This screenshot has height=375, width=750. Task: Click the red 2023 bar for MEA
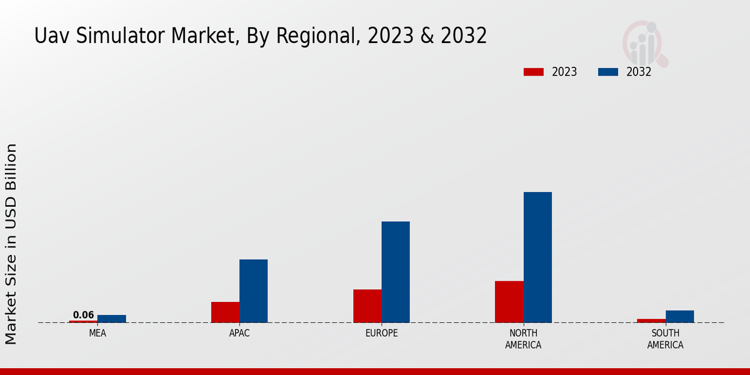coord(83,321)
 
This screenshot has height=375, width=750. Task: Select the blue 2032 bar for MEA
coord(111,319)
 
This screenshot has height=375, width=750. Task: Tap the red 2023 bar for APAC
coord(225,312)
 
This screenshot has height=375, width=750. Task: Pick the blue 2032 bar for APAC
coord(253,291)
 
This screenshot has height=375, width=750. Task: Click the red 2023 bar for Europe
coord(367,306)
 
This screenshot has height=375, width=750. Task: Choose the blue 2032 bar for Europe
coord(396,272)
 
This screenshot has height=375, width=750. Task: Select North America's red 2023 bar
coord(509,301)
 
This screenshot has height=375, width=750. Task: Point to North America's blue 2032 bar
coord(537,257)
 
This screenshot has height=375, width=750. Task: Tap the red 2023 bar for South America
coord(651,321)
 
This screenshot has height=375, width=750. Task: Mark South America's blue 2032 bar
coord(679,316)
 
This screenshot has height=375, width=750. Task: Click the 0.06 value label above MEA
coord(83,315)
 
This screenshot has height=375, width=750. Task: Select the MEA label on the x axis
coord(97,333)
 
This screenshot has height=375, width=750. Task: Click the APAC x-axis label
coord(239,333)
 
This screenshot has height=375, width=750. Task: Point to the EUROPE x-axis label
coord(381,333)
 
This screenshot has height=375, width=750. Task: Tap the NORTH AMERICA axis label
coord(523,339)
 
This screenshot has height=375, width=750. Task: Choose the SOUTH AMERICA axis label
coord(665,339)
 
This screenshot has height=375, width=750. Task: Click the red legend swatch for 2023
coord(533,72)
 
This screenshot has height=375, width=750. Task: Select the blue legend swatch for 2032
coord(607,72)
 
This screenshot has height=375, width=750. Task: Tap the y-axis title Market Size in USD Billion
coord(11,244)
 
